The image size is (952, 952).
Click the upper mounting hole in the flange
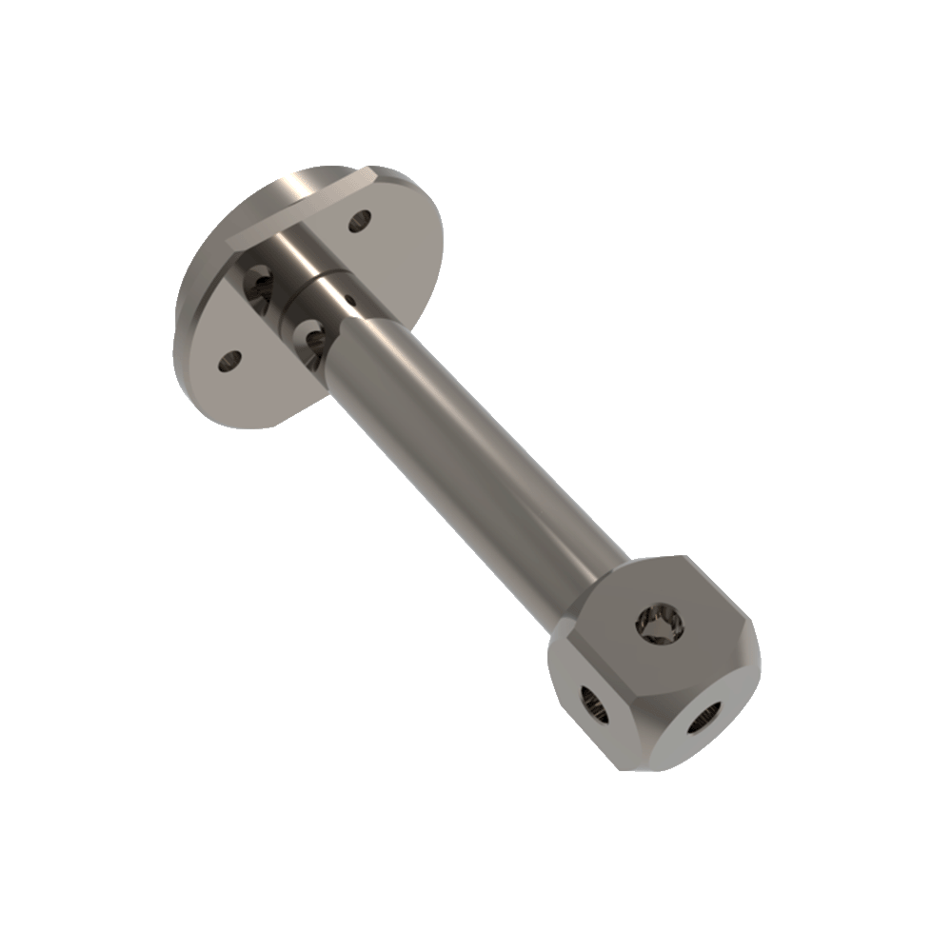click(359, 222)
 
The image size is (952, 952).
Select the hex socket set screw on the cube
click(660, 625)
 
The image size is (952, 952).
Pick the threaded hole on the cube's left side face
click(592, 704)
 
